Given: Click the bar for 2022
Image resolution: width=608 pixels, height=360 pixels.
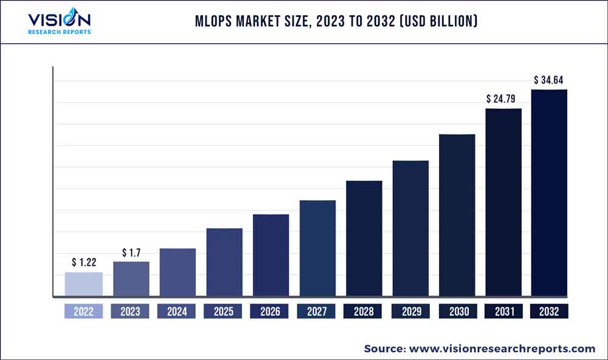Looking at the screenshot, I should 84,285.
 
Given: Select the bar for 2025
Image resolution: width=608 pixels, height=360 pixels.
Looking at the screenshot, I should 224,263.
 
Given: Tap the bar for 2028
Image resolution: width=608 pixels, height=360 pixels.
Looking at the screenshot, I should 364,239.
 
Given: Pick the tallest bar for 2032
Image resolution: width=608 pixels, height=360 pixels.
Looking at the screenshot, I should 549,193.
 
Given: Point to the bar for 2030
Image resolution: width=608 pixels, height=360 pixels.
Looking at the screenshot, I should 457,216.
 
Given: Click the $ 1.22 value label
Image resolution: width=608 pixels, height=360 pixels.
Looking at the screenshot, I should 84,263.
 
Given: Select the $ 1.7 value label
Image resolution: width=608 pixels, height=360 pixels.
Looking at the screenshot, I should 131,252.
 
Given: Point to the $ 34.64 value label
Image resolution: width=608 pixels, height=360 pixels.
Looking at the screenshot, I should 549,80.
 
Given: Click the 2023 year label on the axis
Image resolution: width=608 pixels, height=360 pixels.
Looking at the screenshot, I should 131,311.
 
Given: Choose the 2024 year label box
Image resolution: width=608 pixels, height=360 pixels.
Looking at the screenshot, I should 177,311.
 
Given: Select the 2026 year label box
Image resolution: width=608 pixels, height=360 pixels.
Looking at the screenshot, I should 271,311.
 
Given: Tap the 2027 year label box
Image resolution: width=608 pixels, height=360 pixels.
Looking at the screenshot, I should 317,311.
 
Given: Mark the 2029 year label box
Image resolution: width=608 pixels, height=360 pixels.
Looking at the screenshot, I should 410,311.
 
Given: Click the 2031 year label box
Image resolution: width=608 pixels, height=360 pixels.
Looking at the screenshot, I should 503,311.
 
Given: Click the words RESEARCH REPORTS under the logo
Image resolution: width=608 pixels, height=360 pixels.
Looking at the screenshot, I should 60,32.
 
